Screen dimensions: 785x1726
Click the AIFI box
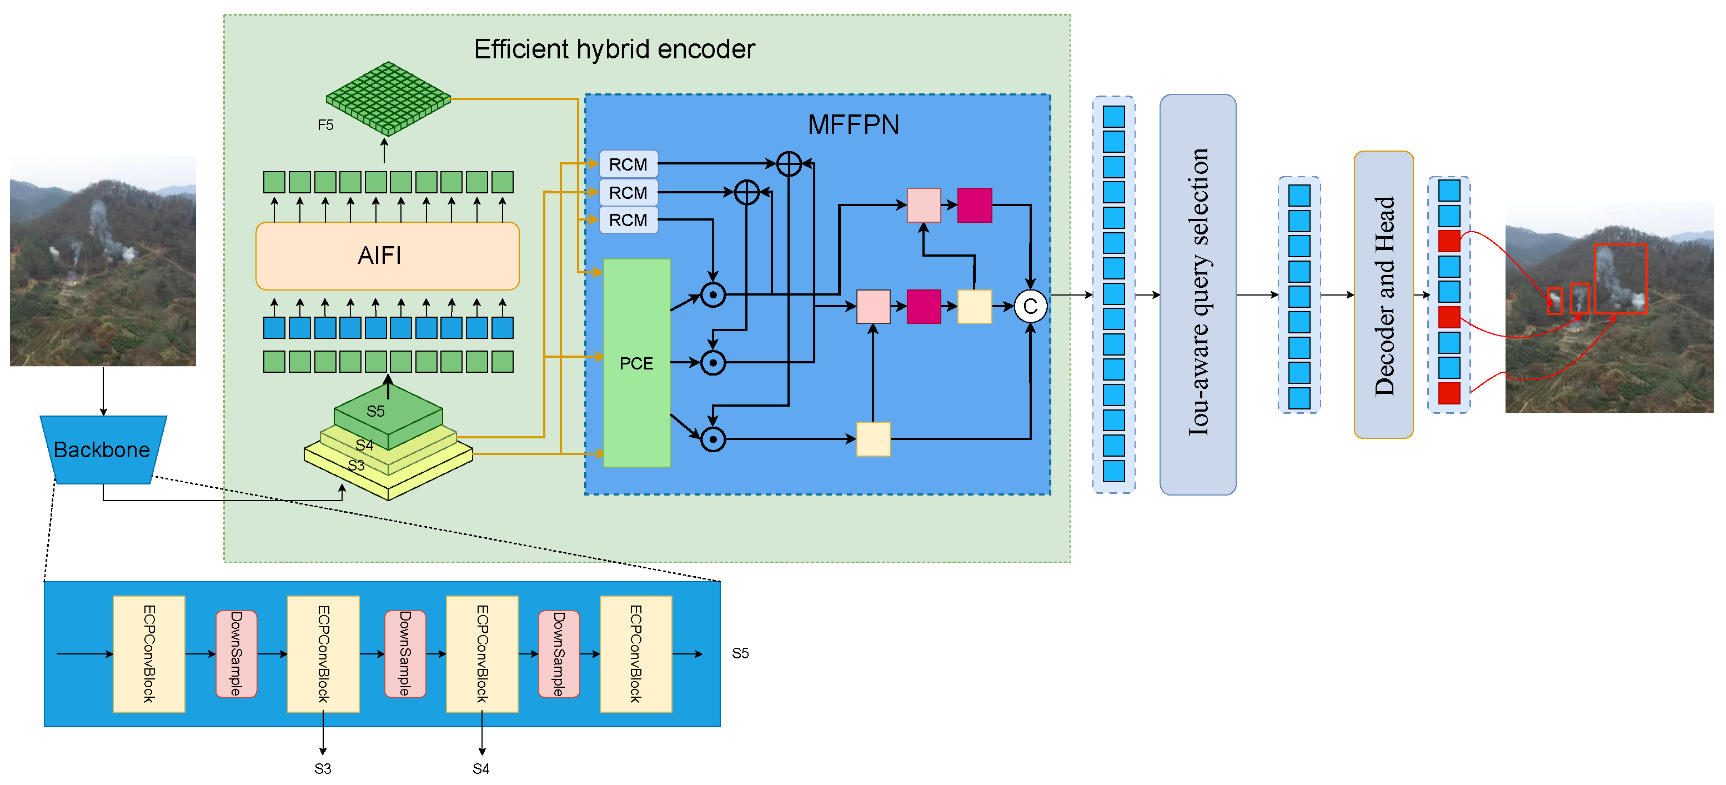pos(387,256)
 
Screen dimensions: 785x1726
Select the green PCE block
pos(636,363)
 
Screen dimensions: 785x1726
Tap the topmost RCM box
pos(628,164)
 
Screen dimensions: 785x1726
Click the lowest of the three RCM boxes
pos(628,220)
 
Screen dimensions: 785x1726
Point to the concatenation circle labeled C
pos(1030,306)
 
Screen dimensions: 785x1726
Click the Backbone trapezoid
pos(103,449)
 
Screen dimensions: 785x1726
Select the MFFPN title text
pos(853,124)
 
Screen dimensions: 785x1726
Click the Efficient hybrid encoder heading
pos(614,49)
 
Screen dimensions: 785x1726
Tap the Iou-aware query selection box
pos(1197,294)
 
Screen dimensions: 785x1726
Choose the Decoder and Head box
pos(1383,294)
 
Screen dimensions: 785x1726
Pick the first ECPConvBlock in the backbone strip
pos(149,653)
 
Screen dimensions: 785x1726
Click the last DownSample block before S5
pos(558,653)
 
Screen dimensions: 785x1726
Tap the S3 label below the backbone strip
pos(322,768)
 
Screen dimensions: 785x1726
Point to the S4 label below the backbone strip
pos(480,768)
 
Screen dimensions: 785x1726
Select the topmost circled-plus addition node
pos(789,163)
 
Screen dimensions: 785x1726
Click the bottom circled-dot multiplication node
pos(713,439)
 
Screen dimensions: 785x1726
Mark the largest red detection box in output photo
pos(1620,278)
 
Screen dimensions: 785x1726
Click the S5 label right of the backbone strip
pos(740,653)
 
